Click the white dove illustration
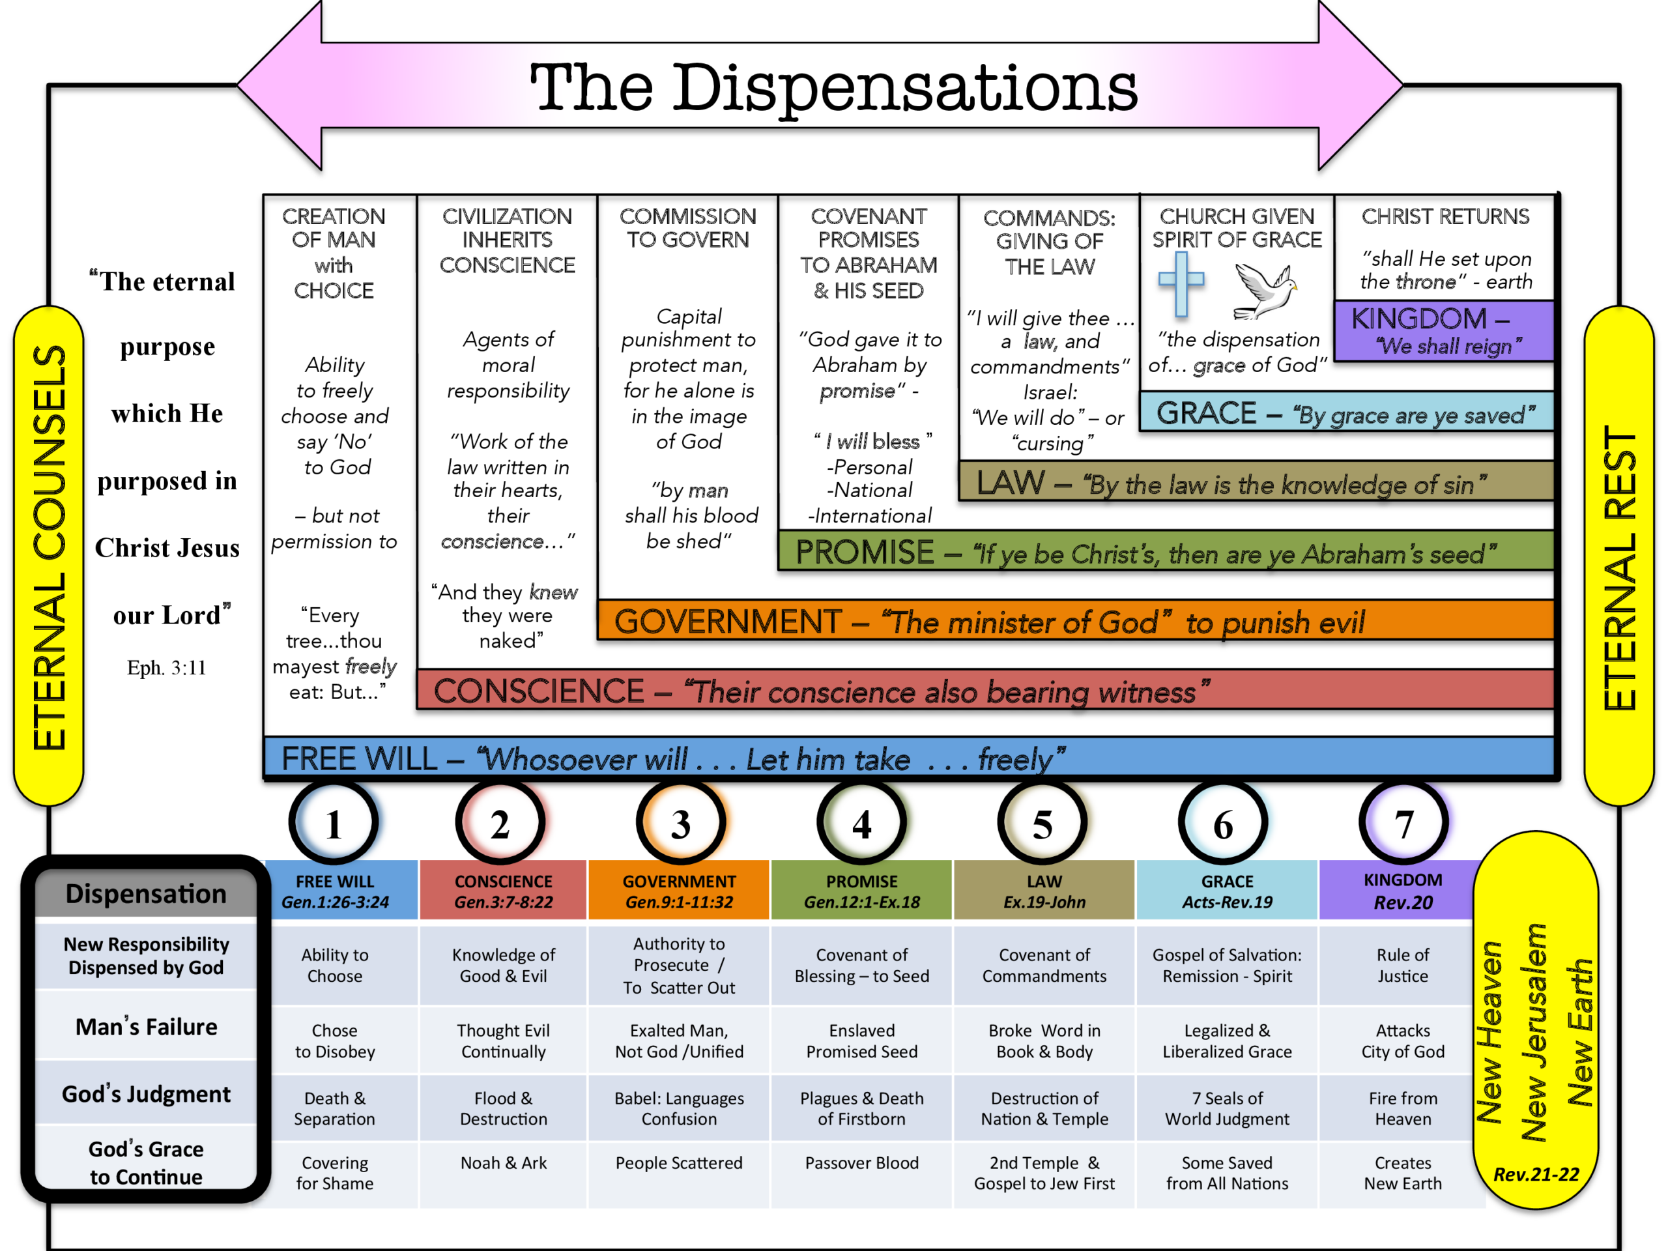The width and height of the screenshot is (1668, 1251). (1265, 291)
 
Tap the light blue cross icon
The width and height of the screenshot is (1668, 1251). (1180, 283)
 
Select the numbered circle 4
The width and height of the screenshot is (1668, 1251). (861, 824)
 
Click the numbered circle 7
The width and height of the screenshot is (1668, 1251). (1403, 824)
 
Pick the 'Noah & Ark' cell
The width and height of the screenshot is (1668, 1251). (503, 1163)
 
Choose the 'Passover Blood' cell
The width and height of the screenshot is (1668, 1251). (861, 1163)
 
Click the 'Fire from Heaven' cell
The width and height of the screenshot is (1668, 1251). (1403, 1108)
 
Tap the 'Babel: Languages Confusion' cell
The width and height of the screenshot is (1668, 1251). (679, 1108)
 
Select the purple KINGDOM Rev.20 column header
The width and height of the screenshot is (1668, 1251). (1403, 891)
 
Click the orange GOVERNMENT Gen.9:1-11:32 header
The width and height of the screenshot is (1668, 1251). (679, 891)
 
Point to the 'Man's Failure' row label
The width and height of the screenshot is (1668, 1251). (147, 1026)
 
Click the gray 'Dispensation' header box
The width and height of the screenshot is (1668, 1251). (147, 893)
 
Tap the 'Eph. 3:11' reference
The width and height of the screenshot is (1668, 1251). (166, 667)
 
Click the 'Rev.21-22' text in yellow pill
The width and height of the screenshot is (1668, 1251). (1536, 1174)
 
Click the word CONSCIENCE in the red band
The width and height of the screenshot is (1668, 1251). (538, 691)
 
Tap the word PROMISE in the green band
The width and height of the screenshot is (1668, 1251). (864, 552)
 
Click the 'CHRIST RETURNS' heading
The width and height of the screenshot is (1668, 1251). (1445, 216)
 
